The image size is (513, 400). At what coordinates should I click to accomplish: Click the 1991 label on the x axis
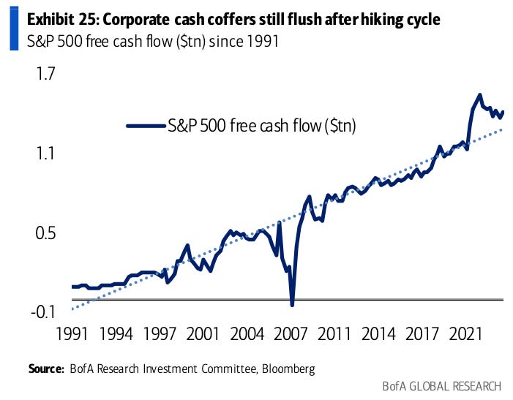coord(72,335)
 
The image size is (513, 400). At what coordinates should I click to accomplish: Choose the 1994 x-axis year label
coord(116,335)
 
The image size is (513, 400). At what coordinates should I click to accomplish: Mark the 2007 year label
coord(290,335)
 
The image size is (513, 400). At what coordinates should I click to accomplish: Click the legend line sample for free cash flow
coord(144,125)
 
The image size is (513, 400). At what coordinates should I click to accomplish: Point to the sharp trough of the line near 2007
coord(292,304)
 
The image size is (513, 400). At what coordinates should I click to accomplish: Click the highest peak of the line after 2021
coord(479,94)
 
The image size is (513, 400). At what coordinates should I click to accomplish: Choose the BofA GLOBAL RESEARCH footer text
coord(442,386)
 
